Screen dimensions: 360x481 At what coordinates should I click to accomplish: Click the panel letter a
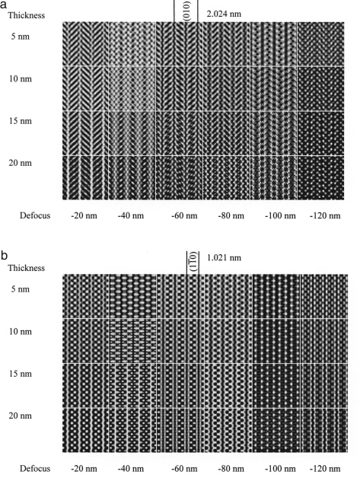pos(3,5)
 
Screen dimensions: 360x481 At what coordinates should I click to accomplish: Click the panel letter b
pos(4,255)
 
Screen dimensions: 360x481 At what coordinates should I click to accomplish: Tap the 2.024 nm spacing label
pos(224,14)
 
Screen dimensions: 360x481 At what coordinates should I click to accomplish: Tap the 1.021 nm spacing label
pos(225,257)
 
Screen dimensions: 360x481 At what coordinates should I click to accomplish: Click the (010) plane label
pos(186,11)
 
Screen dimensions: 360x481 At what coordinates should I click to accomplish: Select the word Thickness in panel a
pos(27,15)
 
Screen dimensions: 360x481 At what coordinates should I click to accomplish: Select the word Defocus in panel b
pos(35,468)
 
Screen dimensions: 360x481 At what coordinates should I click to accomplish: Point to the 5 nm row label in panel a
pos(21,37)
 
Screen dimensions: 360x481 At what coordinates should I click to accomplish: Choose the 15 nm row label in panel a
pos(21,121)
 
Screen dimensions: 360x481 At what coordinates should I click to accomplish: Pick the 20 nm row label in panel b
pos(21,416)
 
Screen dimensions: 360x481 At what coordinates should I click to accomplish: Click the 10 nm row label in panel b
pos(21,332)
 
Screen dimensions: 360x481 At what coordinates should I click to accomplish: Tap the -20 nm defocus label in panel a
pos(84,215)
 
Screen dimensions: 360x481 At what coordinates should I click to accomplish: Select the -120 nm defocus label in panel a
pos(325,215)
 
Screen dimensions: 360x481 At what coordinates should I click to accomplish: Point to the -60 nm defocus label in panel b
pos(184,468)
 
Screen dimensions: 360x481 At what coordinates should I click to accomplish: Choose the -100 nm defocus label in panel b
pos(280,468)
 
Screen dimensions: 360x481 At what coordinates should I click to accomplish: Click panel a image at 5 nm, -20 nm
pos(85,44)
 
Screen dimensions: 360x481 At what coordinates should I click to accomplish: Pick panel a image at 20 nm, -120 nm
pos(320,178)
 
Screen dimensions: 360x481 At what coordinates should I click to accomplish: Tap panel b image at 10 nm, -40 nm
pos(132,341)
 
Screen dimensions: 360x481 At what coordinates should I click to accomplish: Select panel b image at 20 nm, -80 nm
pos(228,430)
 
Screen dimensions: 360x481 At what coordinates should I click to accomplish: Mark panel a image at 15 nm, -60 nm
pos(180,133)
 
